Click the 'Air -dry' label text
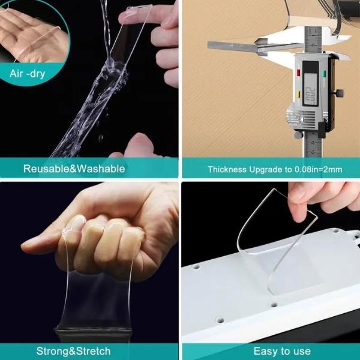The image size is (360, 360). coord(28,74)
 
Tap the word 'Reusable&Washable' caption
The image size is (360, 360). coord(74,169)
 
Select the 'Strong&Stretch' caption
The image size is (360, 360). coord(73,351)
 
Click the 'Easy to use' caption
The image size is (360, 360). coord(282,351)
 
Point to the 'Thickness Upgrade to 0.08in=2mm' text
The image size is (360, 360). coord(275,169)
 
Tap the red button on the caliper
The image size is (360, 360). coord(298,73)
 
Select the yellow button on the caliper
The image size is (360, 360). coord(299,94)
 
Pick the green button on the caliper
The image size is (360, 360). coord(324,73)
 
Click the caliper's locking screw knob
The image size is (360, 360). coord(340,93)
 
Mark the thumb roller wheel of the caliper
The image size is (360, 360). coord(298,135)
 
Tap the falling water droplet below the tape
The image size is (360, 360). coord(101,138)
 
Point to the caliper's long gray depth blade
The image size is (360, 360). coord(232,46)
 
